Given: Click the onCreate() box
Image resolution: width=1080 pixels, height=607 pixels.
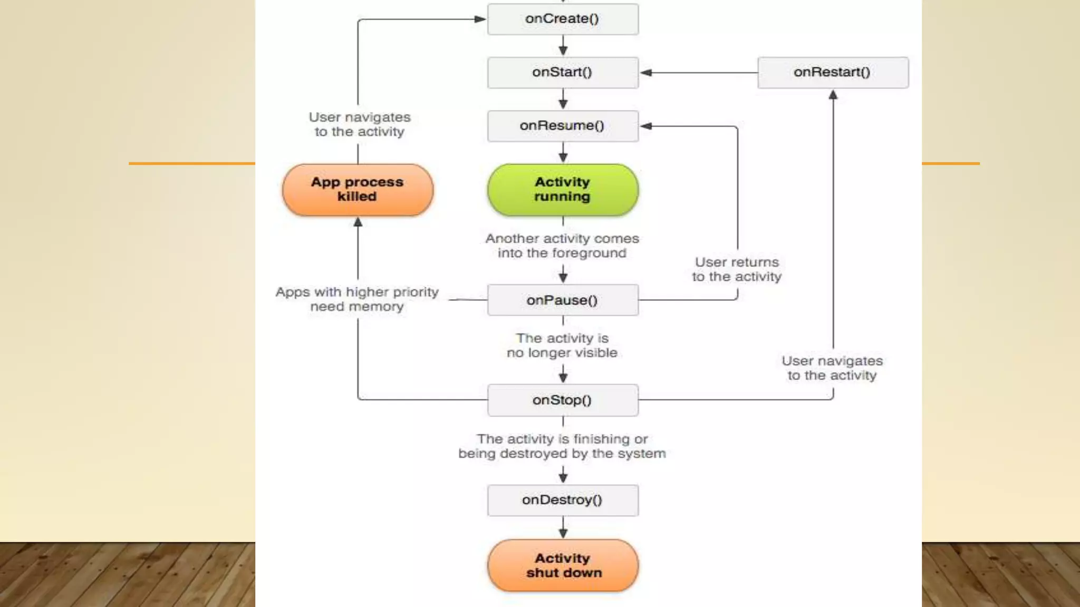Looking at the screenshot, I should (x=563, y=19).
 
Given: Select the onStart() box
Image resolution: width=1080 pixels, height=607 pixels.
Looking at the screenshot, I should (x=563, y=72).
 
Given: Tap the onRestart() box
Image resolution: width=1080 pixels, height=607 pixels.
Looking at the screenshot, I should (x=833, y=72).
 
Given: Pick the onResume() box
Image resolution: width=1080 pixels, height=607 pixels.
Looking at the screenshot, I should (x=563, y=126).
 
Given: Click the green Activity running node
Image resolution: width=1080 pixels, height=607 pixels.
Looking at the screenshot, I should (x=563, y=190).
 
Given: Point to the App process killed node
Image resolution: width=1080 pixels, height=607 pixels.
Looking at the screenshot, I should (x=358, y=190).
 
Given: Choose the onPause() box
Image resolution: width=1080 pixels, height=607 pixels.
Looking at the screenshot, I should (x=563, y=300).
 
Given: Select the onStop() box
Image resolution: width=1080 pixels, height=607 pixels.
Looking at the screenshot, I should (x=563, y=400).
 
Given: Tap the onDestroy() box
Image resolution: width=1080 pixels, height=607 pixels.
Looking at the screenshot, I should (x=563, y=500).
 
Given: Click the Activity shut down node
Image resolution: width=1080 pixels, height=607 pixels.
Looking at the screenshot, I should (x=563, y=565).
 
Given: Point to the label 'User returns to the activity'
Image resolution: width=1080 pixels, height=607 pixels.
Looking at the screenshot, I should (x=737, y=269).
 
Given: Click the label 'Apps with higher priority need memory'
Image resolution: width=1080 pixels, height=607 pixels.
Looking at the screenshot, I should (x=357, y=299).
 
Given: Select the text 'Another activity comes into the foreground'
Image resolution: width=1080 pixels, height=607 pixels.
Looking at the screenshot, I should (x=562, y=246).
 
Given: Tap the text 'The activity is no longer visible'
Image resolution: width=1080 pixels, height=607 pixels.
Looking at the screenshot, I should (x=562, y=345).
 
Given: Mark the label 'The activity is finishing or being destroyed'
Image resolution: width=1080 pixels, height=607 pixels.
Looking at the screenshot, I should (x=562, y=446).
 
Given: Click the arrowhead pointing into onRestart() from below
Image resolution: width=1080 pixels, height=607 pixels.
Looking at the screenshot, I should (x=833, y=95).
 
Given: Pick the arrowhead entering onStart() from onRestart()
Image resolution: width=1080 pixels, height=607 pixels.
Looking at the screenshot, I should (x=646, y=73).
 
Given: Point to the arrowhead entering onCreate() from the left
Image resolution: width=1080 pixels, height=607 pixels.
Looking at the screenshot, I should (x=480, y=19).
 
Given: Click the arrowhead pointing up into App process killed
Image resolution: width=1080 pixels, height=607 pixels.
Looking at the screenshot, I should (x=358, y=222).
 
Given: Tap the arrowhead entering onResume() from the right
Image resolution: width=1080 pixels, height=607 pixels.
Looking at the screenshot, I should (x=646, y=126).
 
